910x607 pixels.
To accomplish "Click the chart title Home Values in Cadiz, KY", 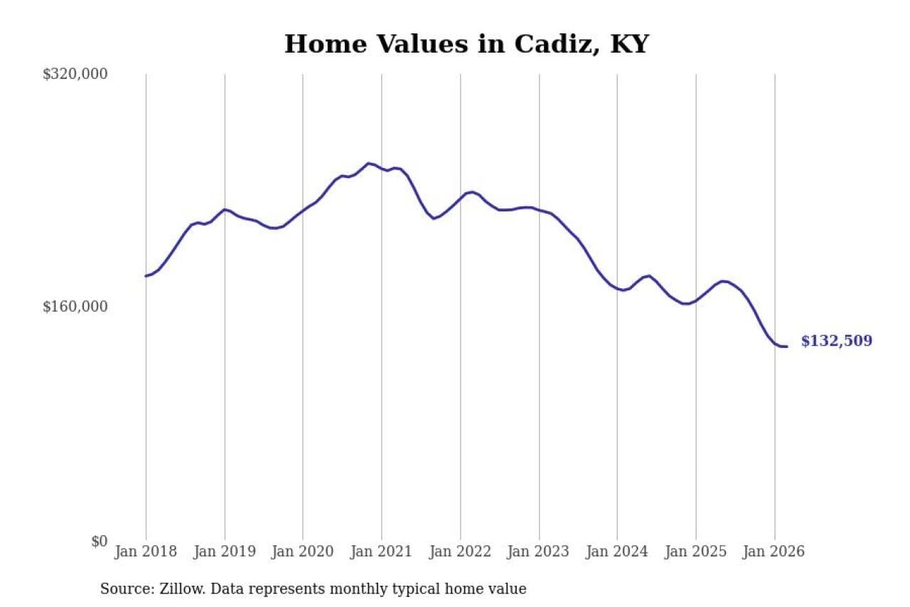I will pos(466,44).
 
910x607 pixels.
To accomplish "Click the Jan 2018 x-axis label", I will pos(146,552).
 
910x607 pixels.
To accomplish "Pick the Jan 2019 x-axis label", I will pos(225,552).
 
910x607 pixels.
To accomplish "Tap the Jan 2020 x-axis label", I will pos(303,552).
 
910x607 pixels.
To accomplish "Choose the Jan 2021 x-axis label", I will pos(382,552).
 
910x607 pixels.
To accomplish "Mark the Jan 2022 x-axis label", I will pos(461,552).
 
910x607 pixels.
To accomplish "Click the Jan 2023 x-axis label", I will pos(539,552).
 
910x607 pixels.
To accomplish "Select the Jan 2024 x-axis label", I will pos(617,552).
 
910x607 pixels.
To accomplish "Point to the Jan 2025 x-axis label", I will pos(696,552).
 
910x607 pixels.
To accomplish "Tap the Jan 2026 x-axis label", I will pos(774,552).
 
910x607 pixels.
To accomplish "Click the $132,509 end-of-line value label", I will pos(836,342).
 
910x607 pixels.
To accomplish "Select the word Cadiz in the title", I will pos(548,44).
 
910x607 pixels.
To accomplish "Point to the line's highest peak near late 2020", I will pos(368,163).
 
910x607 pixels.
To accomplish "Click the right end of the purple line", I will pos(786,347).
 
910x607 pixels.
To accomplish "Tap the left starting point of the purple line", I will pos(146,276).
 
